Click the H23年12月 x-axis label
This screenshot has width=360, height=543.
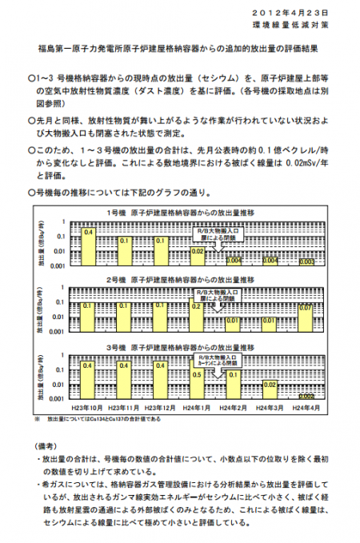[160, 409]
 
